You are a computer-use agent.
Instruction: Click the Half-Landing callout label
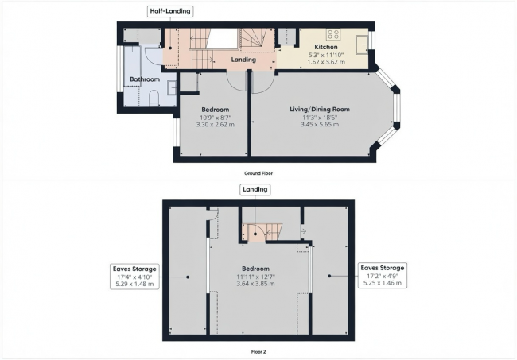[x=169, y=11]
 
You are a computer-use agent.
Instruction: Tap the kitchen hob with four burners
[x=333, y=34]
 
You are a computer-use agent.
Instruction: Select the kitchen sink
[x=361, y=45]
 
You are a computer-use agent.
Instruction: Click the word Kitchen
[x=326, y=47]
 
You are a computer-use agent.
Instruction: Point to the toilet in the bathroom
[x=154, y=99]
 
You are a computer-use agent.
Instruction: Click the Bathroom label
[x=145, y=79]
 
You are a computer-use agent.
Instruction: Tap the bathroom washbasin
[x=172, y=88]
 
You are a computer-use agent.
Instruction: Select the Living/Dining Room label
[x=320, y=110]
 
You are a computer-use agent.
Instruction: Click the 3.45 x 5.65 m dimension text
[x=320, y=125]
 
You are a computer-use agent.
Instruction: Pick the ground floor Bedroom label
[x=216, y=110]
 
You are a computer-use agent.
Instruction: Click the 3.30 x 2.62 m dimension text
[x=216, y=125]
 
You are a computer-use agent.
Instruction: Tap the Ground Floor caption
[x=258, y=173]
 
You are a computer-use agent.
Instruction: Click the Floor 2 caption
[x=258, y=352]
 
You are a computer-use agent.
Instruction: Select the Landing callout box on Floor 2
[x=255, y=190]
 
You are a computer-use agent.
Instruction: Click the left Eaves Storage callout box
[x=134, y=277]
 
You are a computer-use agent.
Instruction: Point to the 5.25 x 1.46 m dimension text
[x=383, y=283]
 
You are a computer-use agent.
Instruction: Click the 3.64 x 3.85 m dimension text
[x=255, y=284]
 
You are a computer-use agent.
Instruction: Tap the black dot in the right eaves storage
[x=329, y=276]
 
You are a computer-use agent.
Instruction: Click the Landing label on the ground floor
[x=243, y=60]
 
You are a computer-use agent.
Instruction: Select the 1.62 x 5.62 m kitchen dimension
[x=326, y=62]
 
